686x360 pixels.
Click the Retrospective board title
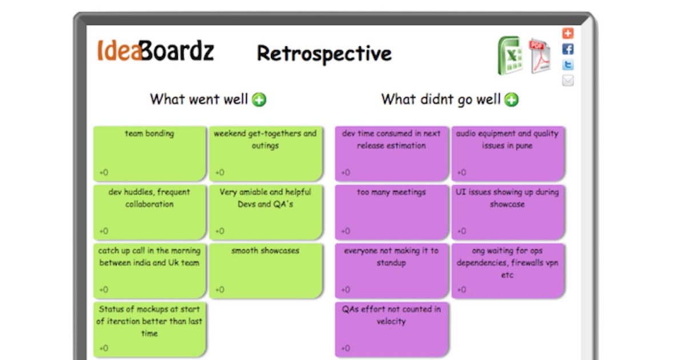pos(324,54)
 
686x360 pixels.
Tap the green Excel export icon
pos(509,55)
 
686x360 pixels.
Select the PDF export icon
pos(539,55)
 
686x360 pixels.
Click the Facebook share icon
pos(568,49)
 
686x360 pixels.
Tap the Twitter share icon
pos(568,65)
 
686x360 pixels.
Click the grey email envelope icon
pos(568,81)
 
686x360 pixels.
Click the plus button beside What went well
pos(260,100)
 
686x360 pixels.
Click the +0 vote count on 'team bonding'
pos(103,173)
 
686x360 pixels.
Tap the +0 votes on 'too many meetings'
pos(346,231)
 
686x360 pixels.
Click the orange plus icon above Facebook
pos(568,33)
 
